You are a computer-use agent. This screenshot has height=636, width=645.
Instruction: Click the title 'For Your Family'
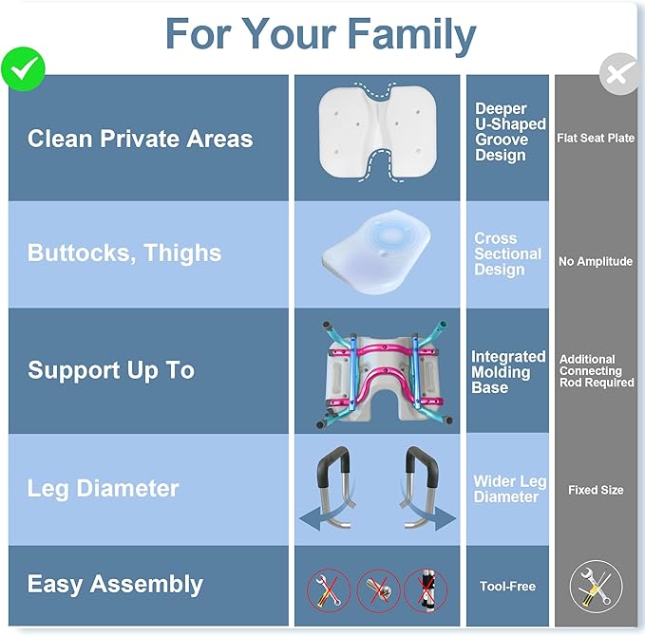tap(320, 35)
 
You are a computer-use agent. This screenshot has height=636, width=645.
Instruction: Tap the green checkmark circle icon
tap(23, 67)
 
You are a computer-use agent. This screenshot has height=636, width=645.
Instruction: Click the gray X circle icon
tap(618, 74)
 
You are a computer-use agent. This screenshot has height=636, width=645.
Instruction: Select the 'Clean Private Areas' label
tap(140, 139)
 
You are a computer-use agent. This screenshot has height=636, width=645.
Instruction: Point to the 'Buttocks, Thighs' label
tap(124, 253)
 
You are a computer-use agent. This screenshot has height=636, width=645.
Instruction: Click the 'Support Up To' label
tap(111, 370)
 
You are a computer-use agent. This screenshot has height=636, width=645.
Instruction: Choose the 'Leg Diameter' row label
tap(103, 489)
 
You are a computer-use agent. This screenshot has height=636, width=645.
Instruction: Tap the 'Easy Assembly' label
tap(115, 585)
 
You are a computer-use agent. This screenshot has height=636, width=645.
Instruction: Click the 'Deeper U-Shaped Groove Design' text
tap(510, 132)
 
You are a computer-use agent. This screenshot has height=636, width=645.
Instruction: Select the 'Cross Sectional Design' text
tap(507, 253)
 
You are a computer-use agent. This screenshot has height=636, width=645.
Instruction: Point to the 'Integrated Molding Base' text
tap(508, 371)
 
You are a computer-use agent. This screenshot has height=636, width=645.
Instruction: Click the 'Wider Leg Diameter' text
tap(510, 489)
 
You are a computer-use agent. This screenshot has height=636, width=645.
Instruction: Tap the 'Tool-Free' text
tap(507, 586)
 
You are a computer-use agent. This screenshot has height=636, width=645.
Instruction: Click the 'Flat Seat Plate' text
tap(596, 139)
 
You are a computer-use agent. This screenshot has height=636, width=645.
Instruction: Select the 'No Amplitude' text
tap(596, 261)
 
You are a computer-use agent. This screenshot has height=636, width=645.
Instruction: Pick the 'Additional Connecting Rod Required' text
tap(596, 371)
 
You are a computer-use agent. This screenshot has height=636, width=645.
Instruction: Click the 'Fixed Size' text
tap(596, 490)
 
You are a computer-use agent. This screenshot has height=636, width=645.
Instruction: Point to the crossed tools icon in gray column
tap(596, 586)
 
